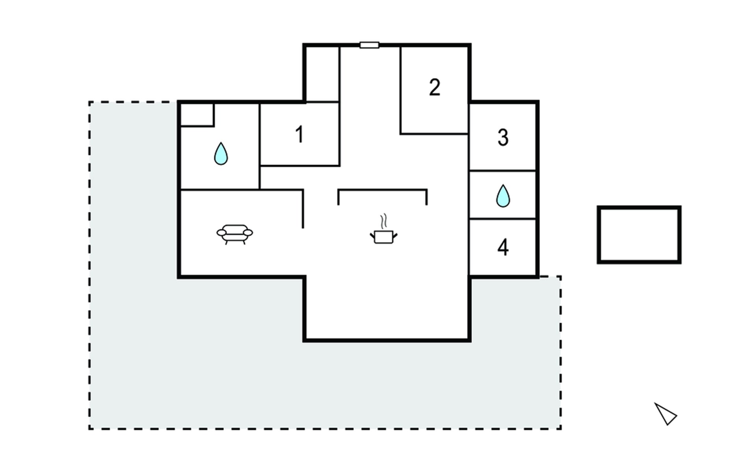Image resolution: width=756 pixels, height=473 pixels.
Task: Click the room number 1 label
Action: pos(300,134)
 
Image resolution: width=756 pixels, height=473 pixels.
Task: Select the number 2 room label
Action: pos(434,87)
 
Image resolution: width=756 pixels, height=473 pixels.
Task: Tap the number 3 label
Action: pos(503,138)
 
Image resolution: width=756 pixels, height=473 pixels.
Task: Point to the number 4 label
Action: pos(503,248)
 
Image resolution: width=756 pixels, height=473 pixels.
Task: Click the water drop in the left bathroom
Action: pos(221,154)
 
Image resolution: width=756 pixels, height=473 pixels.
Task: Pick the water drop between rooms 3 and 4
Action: pos(503,196)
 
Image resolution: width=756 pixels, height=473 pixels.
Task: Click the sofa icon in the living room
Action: pos(235,234)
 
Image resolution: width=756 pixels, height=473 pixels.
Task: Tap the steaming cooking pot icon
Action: pos(384,236)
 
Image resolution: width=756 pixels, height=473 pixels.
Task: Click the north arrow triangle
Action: pos(665,414)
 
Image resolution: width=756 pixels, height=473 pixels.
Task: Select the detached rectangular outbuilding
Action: pos(639,207)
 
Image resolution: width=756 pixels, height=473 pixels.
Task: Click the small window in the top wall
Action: pos(369,45)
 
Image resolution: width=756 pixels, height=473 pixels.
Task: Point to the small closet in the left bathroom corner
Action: pos(197,115)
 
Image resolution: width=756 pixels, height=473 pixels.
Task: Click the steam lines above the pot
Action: pos(384,222)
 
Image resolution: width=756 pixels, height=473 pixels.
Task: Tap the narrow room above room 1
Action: pos(322,74)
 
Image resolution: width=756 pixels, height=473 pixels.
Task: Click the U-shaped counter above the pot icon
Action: pos(382,190)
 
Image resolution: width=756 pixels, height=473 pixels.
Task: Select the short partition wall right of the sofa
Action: pos(303,209)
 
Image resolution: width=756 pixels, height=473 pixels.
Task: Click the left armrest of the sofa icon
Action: pos(222,233)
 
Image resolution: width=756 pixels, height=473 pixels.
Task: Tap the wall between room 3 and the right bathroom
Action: pos(502,171)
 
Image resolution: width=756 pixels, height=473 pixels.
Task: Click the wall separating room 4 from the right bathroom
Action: pos(502,219)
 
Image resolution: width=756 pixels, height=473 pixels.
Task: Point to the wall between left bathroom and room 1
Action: pos(259,146)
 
